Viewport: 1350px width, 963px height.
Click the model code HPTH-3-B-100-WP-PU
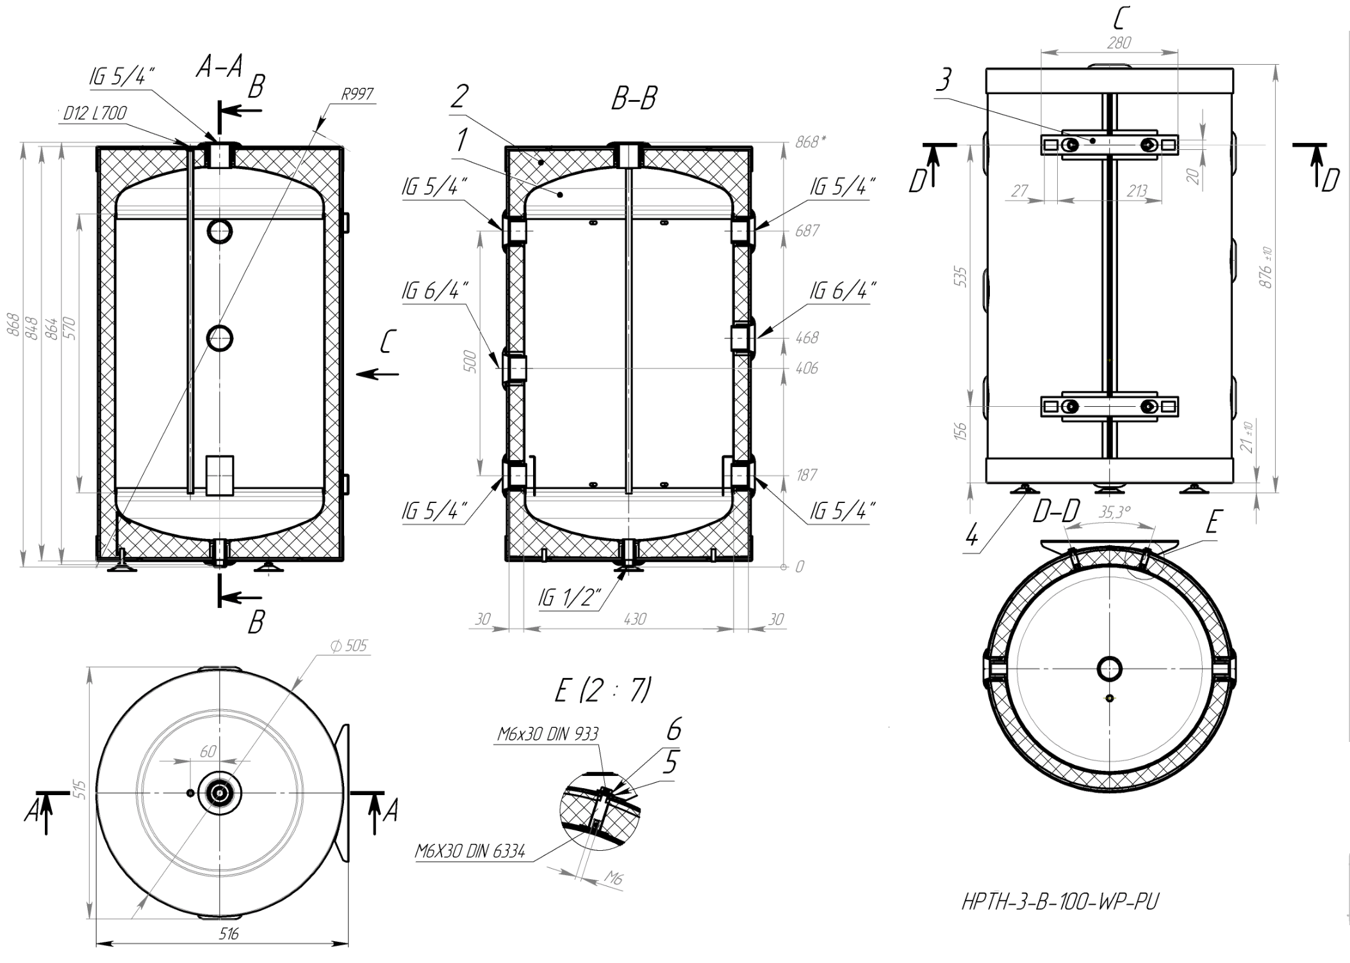click(x=1060, y=902)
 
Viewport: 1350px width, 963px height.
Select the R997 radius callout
click(x=358, y=95)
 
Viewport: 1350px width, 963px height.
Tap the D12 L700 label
click(x=95, y=113)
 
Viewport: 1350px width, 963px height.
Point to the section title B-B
click(x=634, y=99)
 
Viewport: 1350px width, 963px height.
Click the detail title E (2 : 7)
click(x=602, y=691)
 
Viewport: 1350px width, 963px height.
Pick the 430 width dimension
click(x=634, y=619)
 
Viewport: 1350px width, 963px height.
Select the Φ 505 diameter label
click(x=349, y=646)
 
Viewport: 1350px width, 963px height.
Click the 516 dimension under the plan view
click(x=229, y=934)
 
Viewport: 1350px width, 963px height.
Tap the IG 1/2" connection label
click(x=569, y=598)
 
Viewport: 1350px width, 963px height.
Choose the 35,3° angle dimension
click(x=1115, y=512)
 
